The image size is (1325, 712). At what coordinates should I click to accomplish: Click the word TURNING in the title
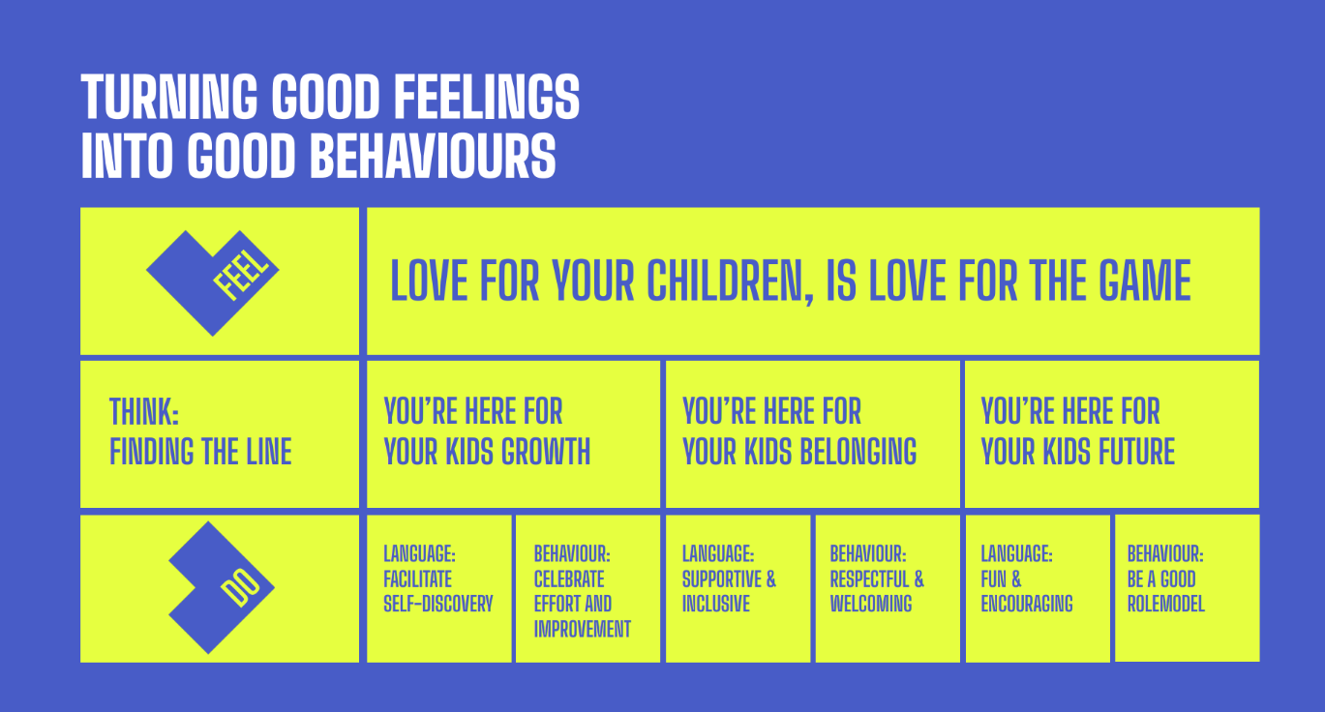[169, 97]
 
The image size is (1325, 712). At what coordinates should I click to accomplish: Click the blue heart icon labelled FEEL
[213, 283]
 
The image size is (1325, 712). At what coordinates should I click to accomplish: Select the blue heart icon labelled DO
[222, 587]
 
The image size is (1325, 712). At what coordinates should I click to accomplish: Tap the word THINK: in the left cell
[144, 411]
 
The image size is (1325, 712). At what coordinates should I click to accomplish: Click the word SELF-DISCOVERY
[438, 604]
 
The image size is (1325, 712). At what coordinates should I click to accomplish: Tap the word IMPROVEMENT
[582, 629]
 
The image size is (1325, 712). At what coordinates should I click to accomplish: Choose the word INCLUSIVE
[716, 604]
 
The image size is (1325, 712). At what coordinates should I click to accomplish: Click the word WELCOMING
[871, 604]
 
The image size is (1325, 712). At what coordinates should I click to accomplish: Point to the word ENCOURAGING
[1027, 604]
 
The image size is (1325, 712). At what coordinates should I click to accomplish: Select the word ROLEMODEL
[1166, 604]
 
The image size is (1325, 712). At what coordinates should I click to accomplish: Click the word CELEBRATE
[569, 578]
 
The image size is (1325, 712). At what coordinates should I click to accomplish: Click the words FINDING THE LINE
[200, 452]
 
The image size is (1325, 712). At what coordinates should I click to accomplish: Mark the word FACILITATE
[417, 578]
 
